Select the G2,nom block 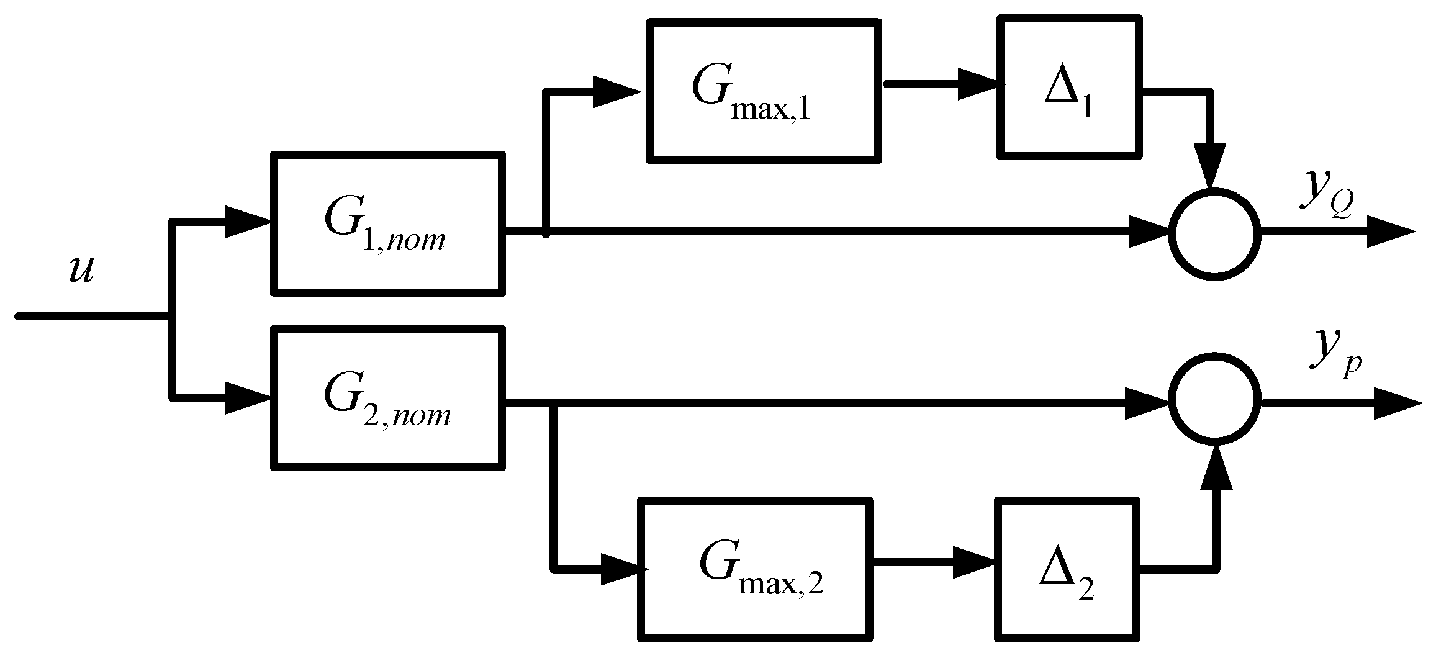(388, 399)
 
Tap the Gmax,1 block (764, 91)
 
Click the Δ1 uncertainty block (1070, 88)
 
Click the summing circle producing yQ (1214, 235)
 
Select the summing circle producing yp (1214, 399)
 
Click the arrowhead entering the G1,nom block (248, 222)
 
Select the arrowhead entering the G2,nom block (248, 397)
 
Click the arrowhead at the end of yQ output (1391, 232)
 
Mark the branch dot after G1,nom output (546, 234)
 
